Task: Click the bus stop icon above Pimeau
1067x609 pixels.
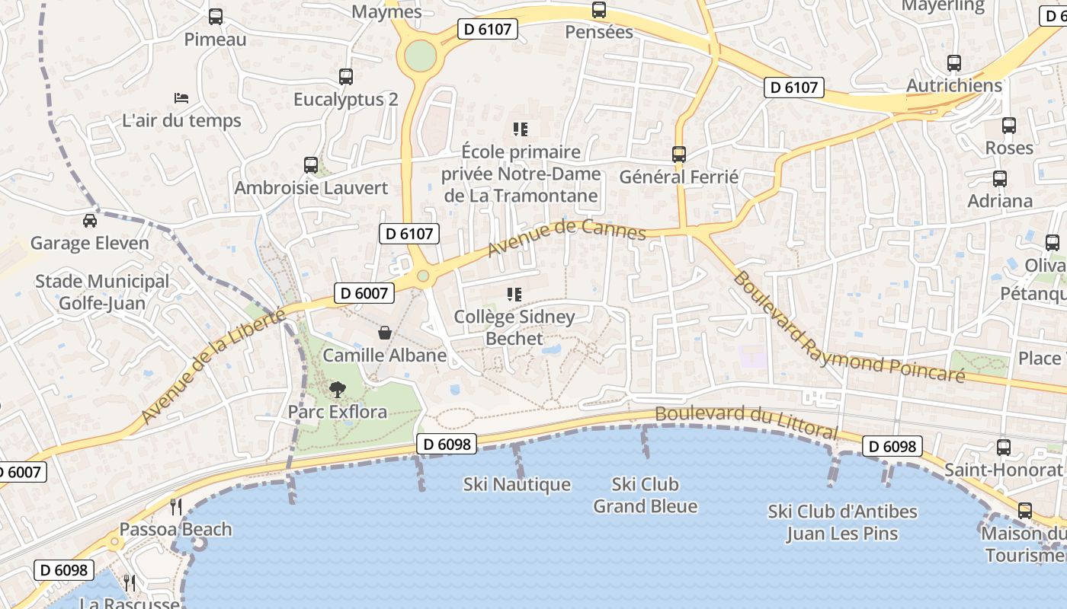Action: point(216,16)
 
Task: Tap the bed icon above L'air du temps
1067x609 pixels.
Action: point(181,97)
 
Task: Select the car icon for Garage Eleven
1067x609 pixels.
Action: point(90,221)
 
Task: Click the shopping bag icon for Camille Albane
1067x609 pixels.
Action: point(385,333)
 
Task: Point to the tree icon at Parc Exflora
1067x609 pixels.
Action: point(337,390)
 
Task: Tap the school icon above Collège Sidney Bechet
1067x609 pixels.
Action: point(514,294)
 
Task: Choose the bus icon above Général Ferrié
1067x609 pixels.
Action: point(679,154)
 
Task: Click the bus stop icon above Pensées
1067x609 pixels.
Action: point(599,10)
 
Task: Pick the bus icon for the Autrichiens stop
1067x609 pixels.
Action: point(954,62)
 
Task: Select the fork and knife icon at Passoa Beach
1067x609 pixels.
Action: point(176,506)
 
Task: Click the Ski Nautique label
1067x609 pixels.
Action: point(517,484)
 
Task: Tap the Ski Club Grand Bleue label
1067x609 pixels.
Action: point(645,495)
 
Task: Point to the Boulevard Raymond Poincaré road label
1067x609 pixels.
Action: point(848,328)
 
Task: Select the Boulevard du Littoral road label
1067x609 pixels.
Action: point(746,421)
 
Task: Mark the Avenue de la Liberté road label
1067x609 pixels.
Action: point(213,365)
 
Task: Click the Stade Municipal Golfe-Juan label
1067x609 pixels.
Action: point(102,292)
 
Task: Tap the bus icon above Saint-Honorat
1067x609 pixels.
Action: point(1004,448)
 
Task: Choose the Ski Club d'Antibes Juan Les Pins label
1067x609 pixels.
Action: point(842,522)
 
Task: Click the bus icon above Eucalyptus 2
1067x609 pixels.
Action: point(346,76)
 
